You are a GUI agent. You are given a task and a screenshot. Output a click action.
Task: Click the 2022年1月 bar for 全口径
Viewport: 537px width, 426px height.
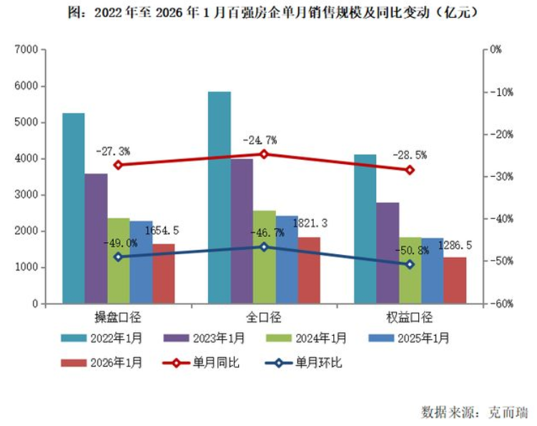coord(219,198)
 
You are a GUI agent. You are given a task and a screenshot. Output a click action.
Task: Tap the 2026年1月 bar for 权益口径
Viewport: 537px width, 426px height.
coord(455,281)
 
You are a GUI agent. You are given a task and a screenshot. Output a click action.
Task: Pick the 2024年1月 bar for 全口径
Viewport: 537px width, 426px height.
coord(264,257)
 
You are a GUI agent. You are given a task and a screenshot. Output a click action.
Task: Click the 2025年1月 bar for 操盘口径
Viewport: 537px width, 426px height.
coord(141,262)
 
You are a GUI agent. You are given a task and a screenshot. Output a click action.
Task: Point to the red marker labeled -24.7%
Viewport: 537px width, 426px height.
coord(264,154)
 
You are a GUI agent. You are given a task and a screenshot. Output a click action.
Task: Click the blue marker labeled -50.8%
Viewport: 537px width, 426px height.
coord(410,264)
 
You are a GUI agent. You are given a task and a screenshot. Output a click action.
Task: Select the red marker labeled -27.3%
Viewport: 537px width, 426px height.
coord(118,165)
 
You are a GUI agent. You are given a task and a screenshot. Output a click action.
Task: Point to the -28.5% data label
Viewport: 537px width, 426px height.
coord(410,155)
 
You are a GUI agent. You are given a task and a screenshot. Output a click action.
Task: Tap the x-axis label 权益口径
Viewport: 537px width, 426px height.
coord(410,317)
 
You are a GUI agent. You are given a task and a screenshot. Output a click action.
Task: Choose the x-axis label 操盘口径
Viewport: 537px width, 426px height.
coord(119,317)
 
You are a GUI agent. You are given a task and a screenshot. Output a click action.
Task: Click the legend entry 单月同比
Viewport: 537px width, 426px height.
coord(217,363)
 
